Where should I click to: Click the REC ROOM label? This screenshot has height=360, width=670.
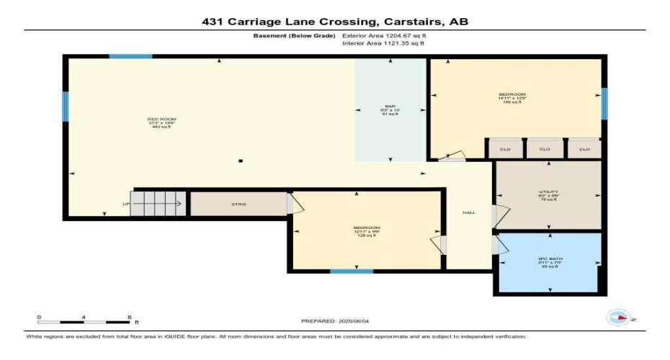tap(161, 119)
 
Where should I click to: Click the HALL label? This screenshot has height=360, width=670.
tap(468, 212)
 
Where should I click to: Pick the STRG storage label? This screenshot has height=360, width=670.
tap(238, 204)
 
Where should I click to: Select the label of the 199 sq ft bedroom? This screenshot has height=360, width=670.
tap(512, 94)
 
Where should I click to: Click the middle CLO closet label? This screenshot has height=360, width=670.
tap(545, 149)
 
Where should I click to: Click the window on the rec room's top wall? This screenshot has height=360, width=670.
tap(130, 56)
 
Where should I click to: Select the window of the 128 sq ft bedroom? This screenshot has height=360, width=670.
tap(352, 271)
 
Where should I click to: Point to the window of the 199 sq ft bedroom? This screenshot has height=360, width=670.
tap(604, 102)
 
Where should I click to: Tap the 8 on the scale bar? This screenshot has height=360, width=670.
tap(128, 317)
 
